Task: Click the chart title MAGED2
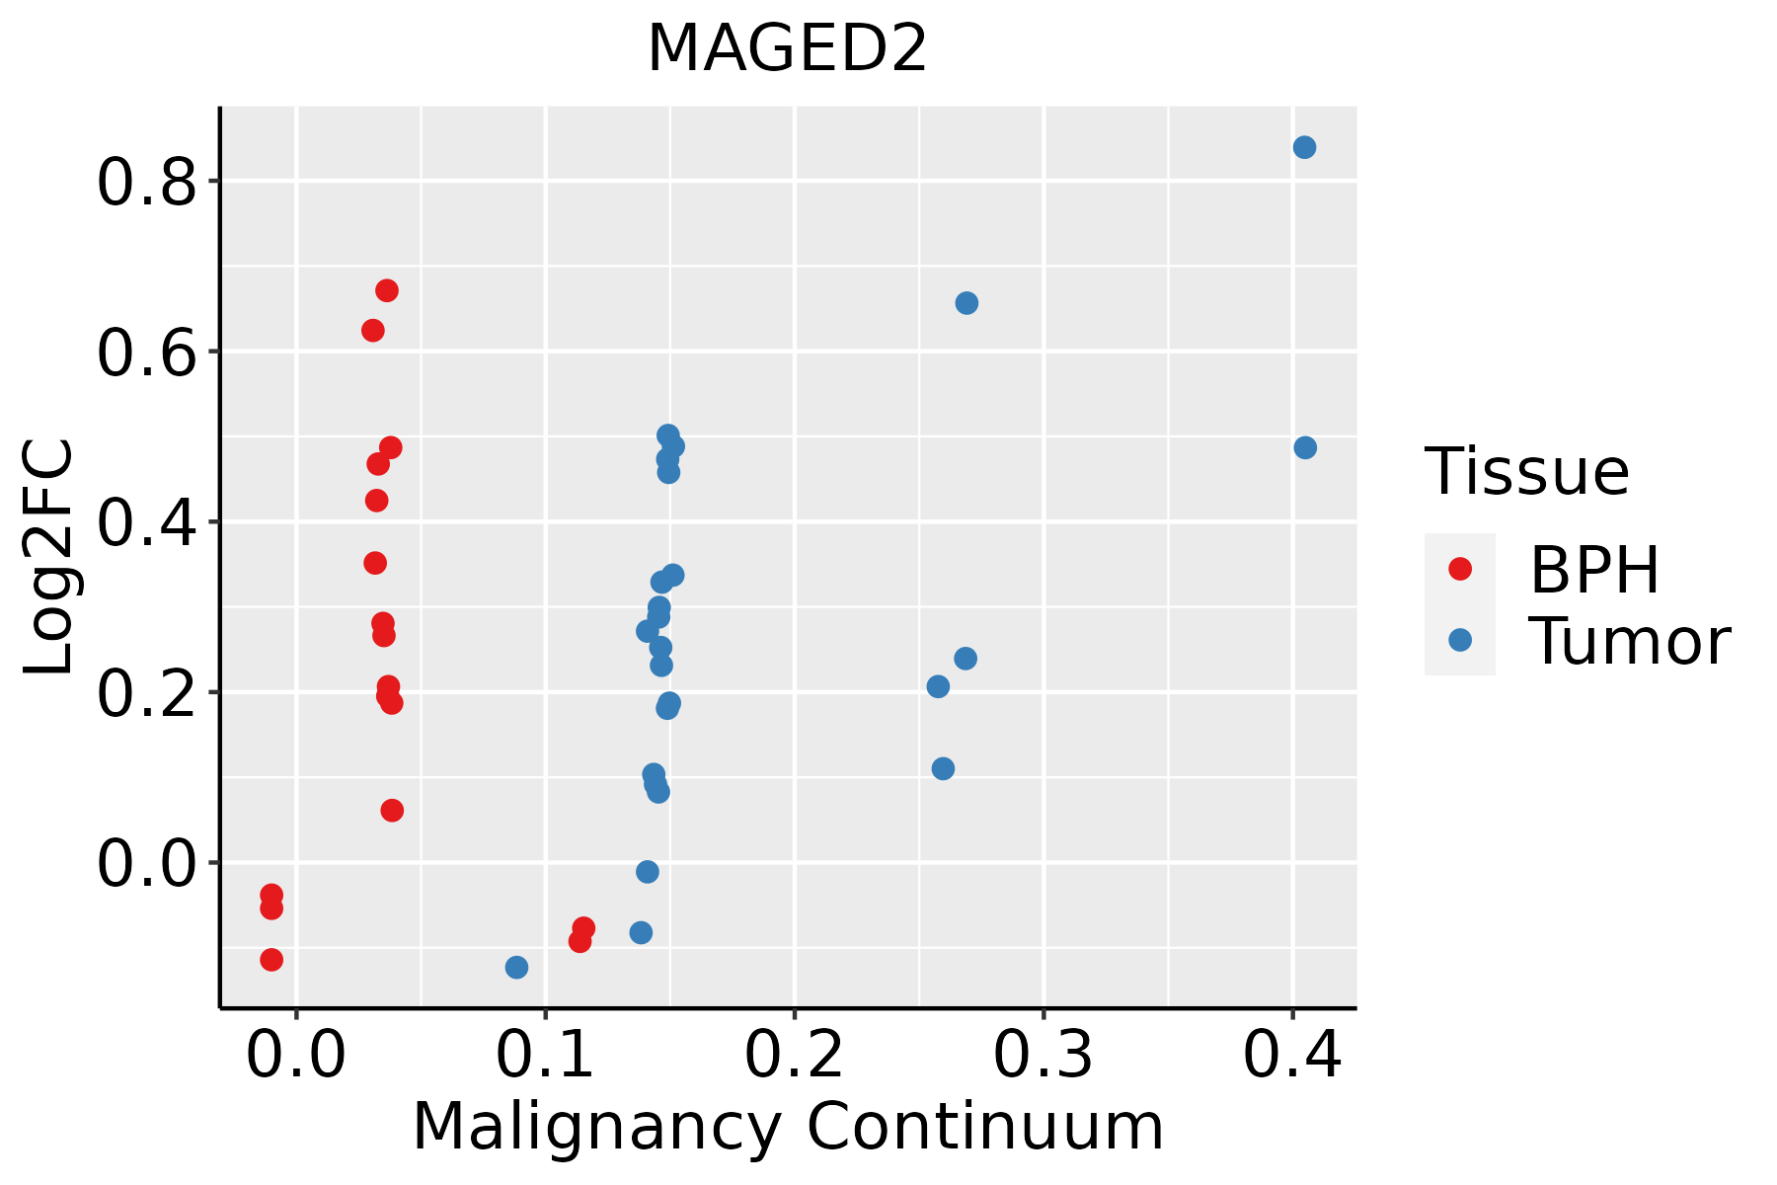point(787,49)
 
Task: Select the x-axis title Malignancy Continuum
point(788,1127)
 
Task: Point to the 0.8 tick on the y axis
point(147,183)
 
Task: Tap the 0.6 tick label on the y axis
point(147,354)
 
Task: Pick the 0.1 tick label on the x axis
point(545,1055)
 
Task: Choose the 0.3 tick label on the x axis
point(1043,1055)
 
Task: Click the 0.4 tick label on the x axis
point(1291,1055)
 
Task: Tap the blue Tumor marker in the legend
point(1459,640)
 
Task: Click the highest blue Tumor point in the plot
point(1304,147)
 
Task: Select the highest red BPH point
point(387,290)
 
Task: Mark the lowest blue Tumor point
point(516,967)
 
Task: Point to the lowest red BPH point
point(271,959)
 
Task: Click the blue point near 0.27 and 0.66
point(966,303)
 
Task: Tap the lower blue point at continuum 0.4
point(1305,447)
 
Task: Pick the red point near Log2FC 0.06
point(392,811)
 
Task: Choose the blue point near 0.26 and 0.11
point(943,768)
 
